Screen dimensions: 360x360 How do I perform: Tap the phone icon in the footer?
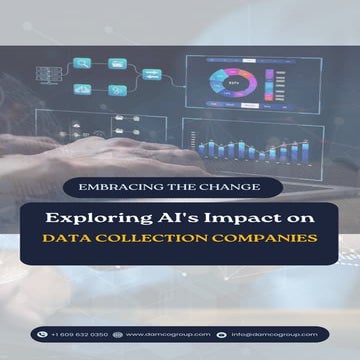click(x=42, y=334)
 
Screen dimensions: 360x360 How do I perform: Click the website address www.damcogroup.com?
click(x=168, y=334)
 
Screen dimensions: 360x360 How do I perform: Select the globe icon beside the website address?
click(x=118, y=334)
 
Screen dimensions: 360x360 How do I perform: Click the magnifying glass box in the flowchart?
click(x=83, y=62)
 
